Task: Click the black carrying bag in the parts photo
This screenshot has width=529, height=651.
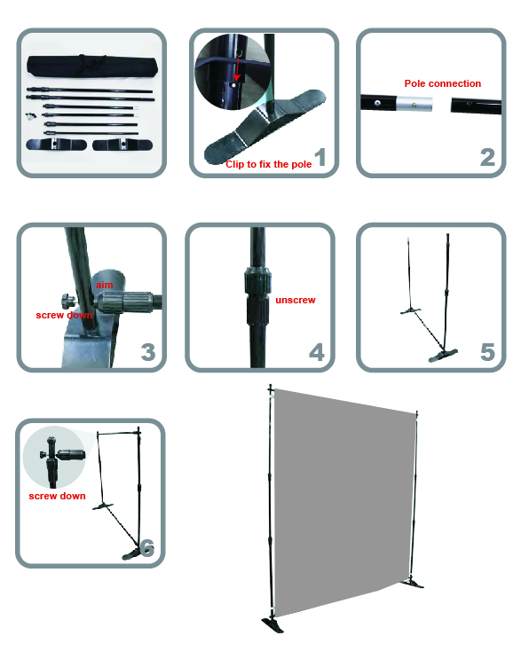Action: (x=92, y=66)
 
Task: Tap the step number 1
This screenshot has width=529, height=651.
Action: (x=320, y=158)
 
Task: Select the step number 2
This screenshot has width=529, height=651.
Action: (x=487, y=158)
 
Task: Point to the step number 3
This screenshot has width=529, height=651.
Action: (x=148, y=352)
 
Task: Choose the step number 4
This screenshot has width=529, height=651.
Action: (x=317, y=352)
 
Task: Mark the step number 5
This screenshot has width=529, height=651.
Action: (x=487, y=352)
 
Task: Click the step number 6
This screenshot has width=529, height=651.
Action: (x=147, y=547)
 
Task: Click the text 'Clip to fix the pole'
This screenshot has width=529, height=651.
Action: (x=268, y=164)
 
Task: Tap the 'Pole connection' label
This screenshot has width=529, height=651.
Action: (x=443, y=83)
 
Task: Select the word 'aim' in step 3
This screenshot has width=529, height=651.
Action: (x=105, y=285)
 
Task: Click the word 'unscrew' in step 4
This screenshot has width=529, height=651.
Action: (x=296, y=300)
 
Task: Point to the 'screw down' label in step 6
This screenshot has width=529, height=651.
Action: (x=57, y=496)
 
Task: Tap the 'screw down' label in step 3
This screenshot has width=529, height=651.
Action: (x=64, y=315)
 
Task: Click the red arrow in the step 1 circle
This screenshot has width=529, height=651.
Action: (x=237, y=68)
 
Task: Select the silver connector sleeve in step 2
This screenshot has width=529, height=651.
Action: (x=414, y=104)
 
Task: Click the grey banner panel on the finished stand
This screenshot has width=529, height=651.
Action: (x=344, y=502)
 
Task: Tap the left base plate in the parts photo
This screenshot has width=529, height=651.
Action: (x=56, y=144)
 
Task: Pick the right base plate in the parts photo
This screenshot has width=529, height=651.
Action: (x=122, y=145)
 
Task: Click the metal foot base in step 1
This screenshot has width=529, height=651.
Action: (x=264, y=126)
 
